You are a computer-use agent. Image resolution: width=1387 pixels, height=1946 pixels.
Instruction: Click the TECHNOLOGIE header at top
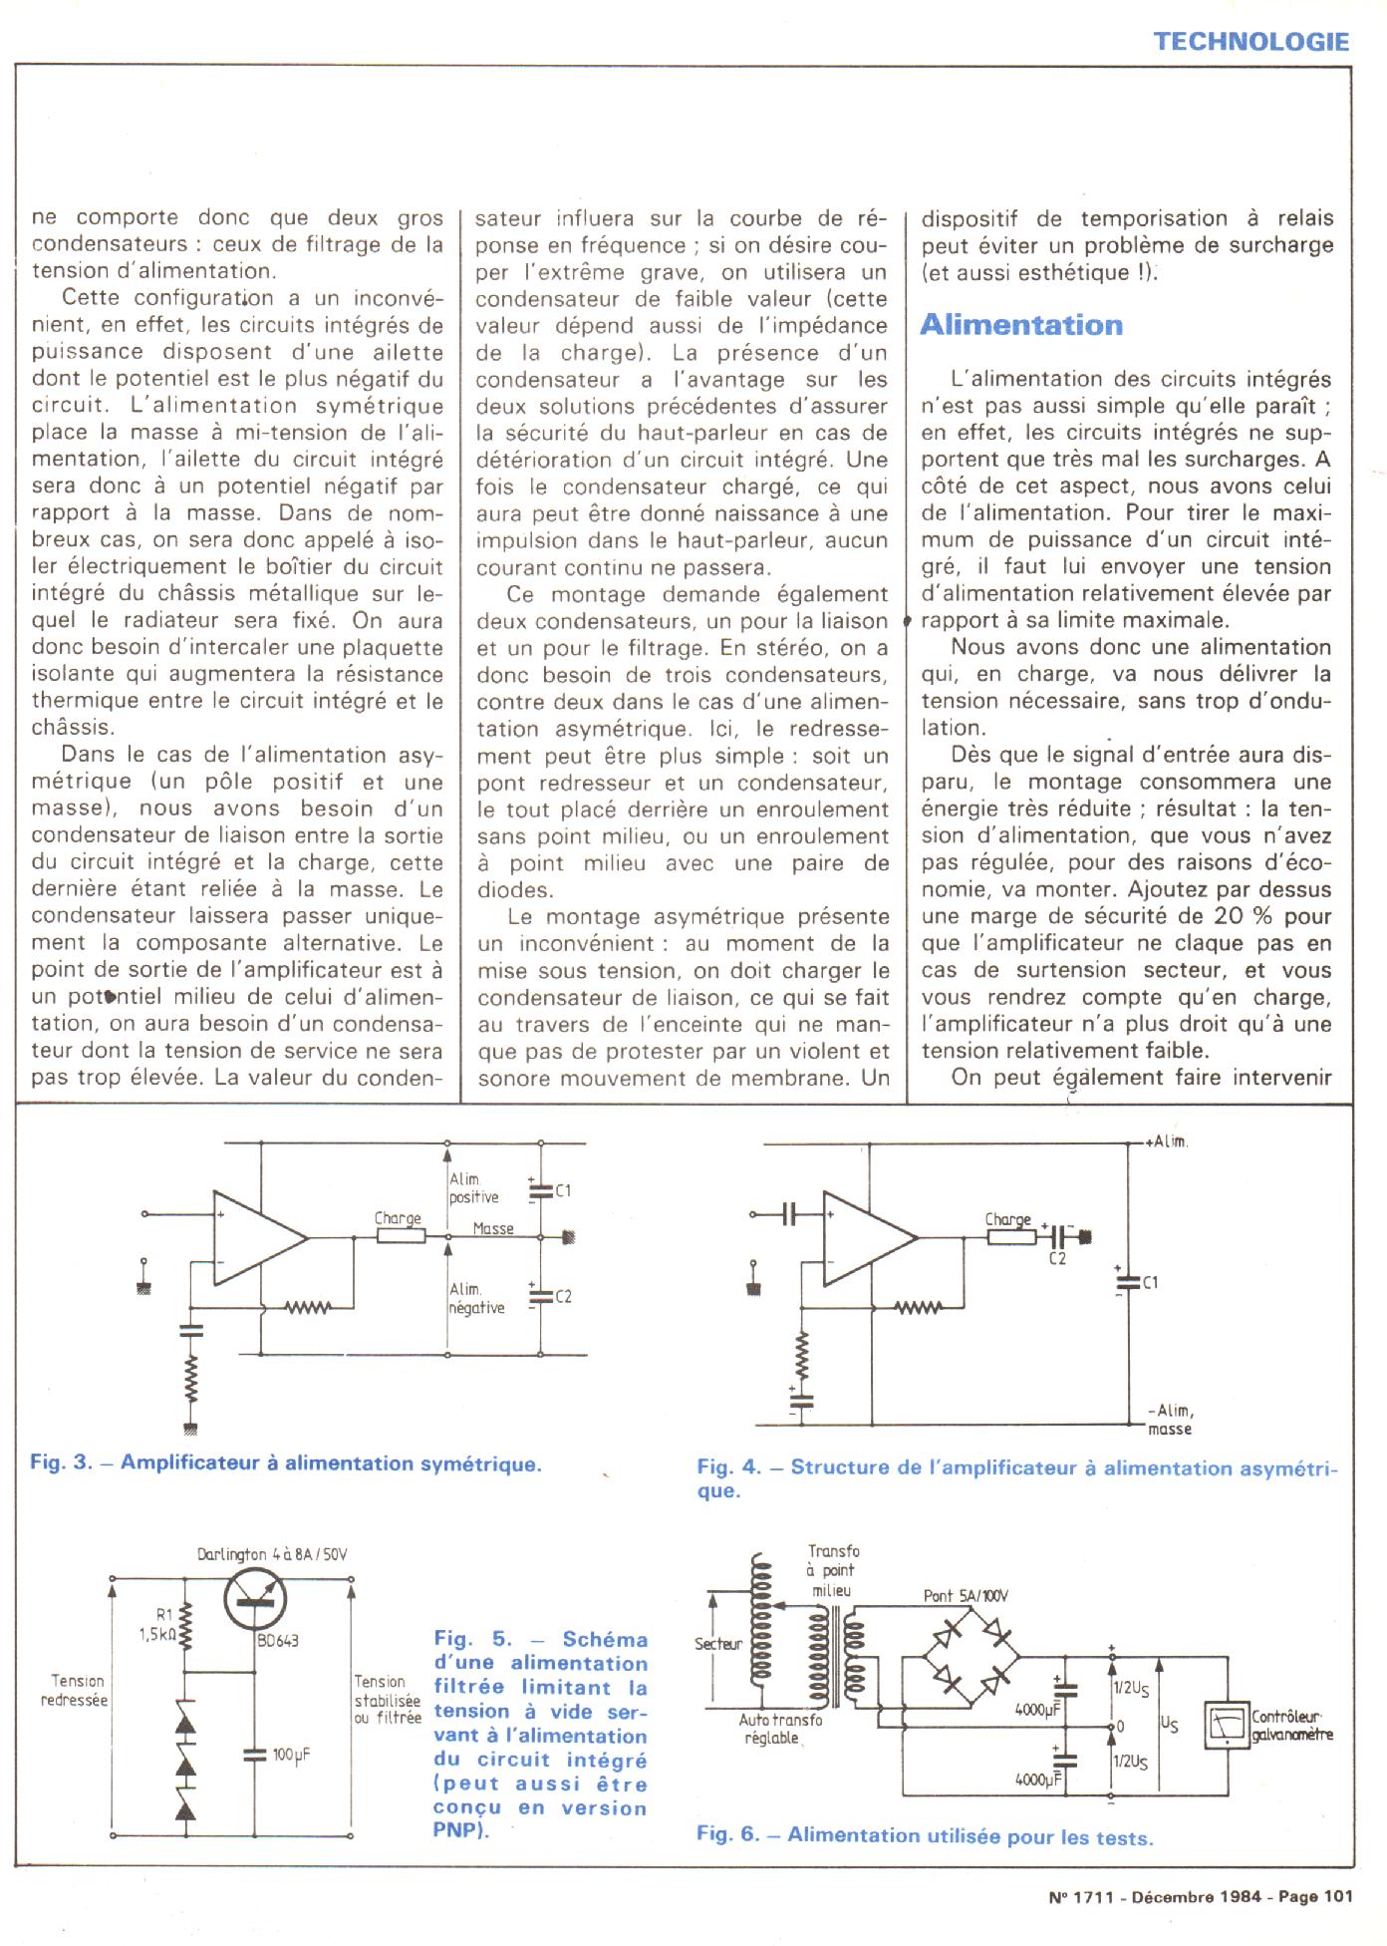pos(1251,41)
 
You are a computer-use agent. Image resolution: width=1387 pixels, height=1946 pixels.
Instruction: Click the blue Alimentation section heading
pos(1021,325)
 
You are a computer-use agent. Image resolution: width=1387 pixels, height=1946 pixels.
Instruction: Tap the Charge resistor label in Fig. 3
pos(398,1218)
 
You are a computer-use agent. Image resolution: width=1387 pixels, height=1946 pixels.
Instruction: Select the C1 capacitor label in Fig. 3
pos(563,1190)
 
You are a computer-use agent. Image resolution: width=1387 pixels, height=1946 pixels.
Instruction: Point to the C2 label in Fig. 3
pos(563,1296)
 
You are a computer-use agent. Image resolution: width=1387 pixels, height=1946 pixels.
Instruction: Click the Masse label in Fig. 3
pos(493,1229)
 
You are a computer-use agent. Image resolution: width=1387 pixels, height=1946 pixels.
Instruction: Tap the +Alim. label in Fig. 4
pos(1167,1141)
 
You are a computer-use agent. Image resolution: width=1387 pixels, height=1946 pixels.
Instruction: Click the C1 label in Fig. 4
pos(1150,1282)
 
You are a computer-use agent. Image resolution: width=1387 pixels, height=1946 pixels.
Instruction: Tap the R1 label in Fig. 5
pos(164,1614)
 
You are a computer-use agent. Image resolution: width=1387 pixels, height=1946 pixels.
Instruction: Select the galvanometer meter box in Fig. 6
pos(1227,1725)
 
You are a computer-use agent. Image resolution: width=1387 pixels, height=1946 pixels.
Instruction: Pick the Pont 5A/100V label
pos(966,1595)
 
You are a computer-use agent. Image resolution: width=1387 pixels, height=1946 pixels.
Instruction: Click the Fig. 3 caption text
pos(286,1463)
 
